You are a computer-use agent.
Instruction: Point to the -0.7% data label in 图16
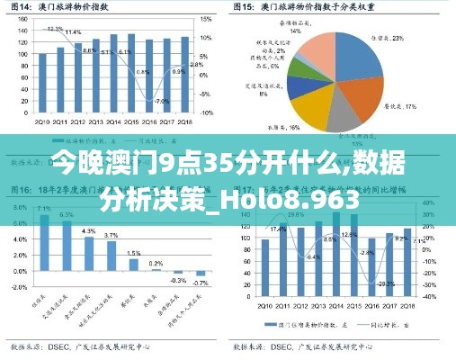click(201, 283)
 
